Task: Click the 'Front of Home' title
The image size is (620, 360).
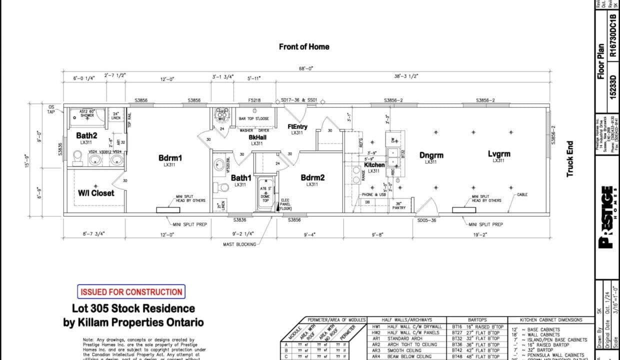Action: (x=304, y=46)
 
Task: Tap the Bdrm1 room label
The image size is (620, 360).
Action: (x=170, y=158)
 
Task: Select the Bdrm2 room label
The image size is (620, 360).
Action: (x=312, y=177)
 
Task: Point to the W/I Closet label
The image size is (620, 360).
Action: (x=96, y=193)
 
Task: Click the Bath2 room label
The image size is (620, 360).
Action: (x=86, y=135)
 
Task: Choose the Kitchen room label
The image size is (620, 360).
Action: (x=374, y=164)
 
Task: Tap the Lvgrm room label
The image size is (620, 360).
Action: (x=498, y=154)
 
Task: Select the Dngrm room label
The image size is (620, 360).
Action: (x=431, y=155)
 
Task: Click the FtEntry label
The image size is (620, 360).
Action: (x=297, y=126)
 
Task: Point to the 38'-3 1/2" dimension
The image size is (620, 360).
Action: (x=405, y=76)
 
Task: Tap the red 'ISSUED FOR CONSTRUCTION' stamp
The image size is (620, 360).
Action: (x=131, y=292)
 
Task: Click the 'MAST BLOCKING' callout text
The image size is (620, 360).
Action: (x=239, y=244)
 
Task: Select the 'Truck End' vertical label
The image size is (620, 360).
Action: (x=569, y=159)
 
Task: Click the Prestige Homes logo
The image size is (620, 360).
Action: (x=606, y=217)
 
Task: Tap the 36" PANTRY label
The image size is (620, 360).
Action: (x=398, y=205)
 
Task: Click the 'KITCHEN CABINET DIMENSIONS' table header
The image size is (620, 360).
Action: (x=550, y=319)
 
